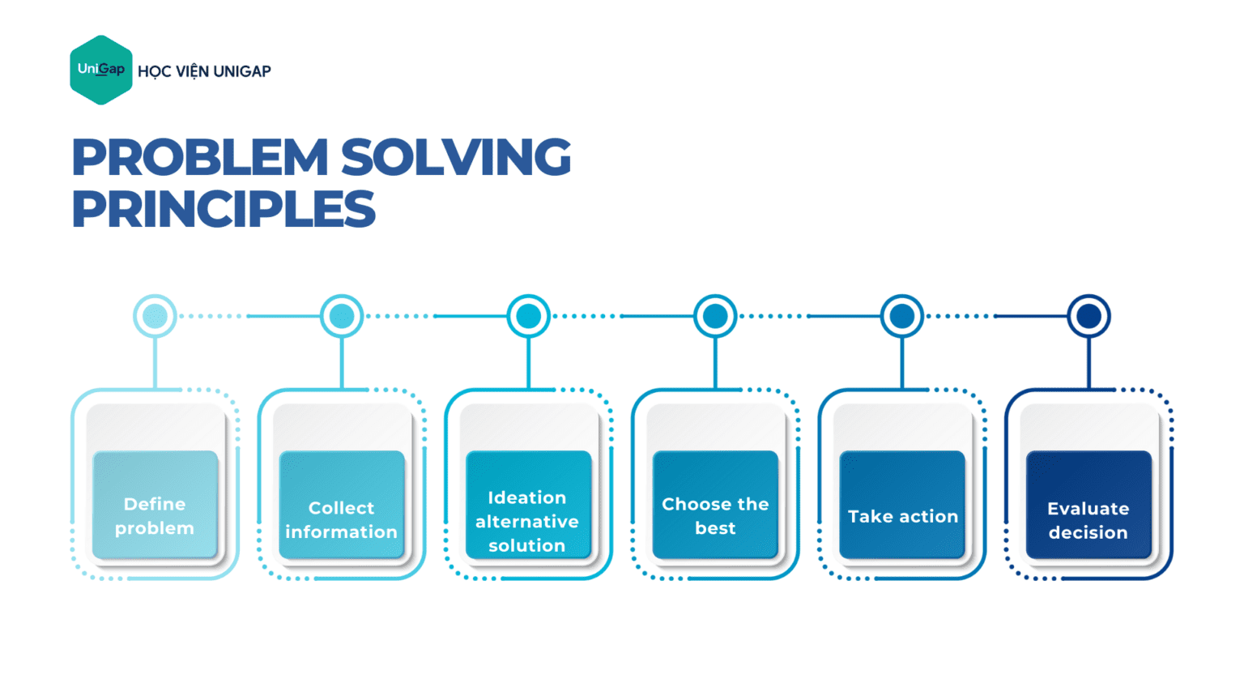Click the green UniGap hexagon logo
[x=101, y=70]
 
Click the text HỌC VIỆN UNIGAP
[x=204, y=71]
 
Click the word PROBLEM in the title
[x=200, y=157]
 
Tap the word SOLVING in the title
[x=455, y=157]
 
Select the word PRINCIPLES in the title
[x=224, y=209]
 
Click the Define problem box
[x=155, y=505]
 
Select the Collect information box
[x=342, y=505]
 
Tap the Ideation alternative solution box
[x=528, y=505]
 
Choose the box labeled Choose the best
[x=715, y=505]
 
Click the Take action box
[x=902, y=505]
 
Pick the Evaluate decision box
[x=1088, y=505]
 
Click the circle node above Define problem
[x=155, y=316]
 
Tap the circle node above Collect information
[x=342, y=316]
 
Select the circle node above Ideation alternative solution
[x=528, y=316]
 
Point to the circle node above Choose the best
[x=715, y=316]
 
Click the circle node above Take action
[x=902, y=316]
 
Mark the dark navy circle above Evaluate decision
[x=1088, y=316]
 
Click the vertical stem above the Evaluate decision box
[x=1088, y=363]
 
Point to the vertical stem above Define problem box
[x=155, y=363]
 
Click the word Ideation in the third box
[x=527, y=497]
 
